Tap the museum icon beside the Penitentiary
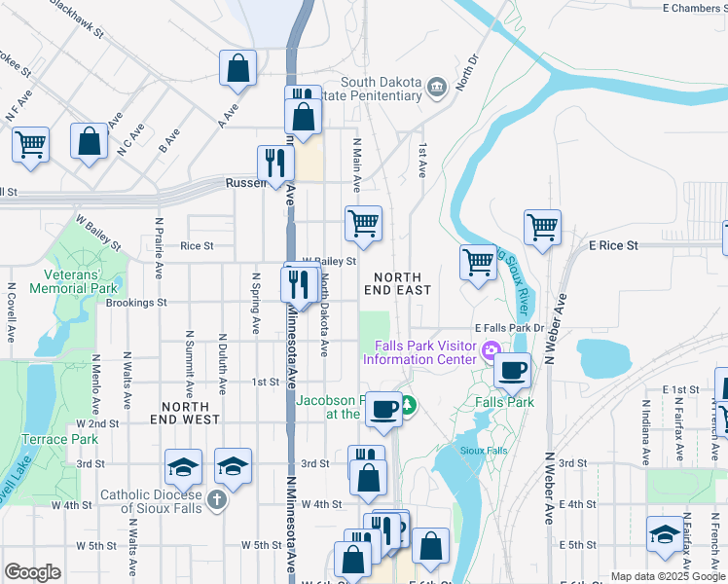click(437, 90)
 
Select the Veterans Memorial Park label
click(73, 281)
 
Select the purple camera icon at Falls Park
click(492, 350)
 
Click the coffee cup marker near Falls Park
click(513, 369)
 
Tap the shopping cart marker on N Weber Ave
click(542, 227)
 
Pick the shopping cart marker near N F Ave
click(30, 144)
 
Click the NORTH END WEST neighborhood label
click(185, 413)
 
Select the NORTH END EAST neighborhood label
click(397, 283)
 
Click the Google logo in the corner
click(33, 572)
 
